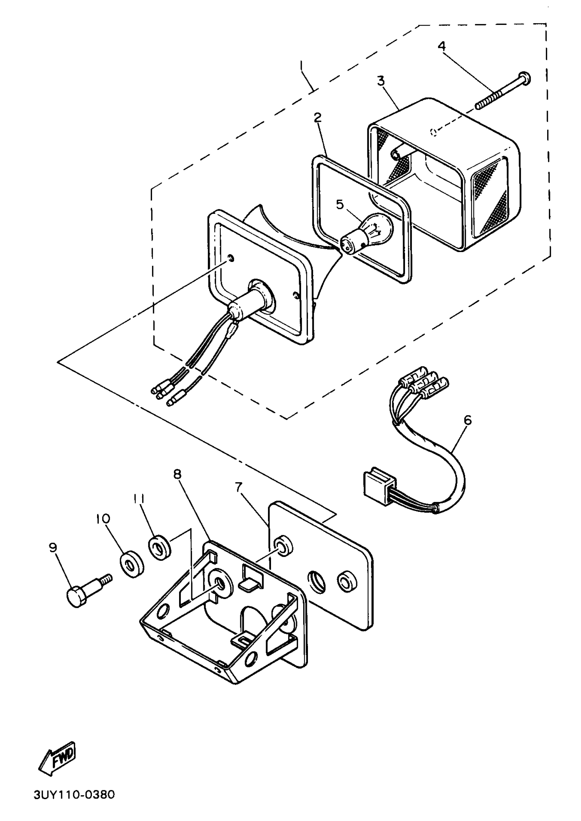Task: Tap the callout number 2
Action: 317,117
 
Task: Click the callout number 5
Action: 339,205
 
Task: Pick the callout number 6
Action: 467,420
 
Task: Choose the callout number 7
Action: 239,487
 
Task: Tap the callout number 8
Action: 177,474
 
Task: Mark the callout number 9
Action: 53,548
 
